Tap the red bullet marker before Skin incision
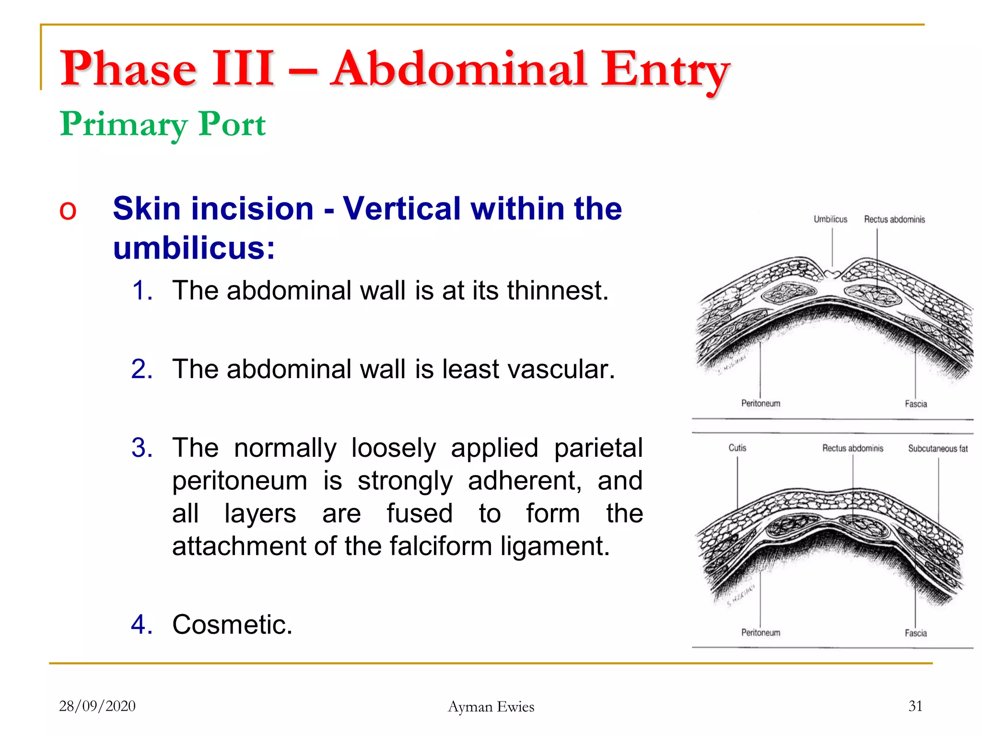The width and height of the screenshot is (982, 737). (68, 211)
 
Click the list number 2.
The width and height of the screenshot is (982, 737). (142, 369)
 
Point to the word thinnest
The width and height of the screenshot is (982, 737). (558, 290)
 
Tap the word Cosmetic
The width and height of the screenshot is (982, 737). (232, 624)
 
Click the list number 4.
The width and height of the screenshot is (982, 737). (142, 624)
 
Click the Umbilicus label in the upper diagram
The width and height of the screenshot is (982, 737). (830, 219)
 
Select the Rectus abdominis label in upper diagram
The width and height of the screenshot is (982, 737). (894, 219)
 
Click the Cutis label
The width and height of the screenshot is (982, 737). (737, 448)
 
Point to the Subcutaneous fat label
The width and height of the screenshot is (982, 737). (937, 448)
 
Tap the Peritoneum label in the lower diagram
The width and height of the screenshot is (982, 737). (760, 632)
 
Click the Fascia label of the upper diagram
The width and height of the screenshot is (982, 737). (915, 404)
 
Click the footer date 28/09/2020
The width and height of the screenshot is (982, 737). (97, 706)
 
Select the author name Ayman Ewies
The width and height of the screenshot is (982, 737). (491, 706)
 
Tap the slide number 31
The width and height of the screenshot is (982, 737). (915, 706)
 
